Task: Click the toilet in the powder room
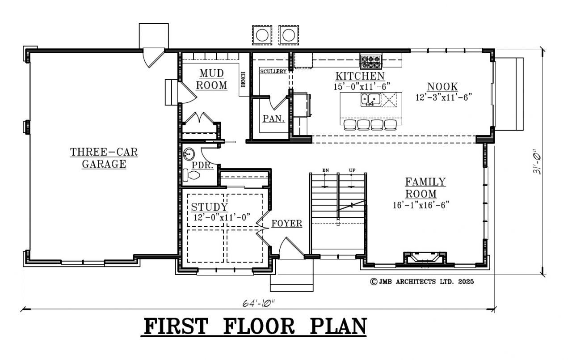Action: (191, 175)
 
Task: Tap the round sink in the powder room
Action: (189, 154)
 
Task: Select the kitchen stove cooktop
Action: (371, 62)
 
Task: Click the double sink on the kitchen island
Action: (370, 100)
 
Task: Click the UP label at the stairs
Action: (352, 170)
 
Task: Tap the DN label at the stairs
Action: (325, 170)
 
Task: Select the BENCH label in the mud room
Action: (244, 79)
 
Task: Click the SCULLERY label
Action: (273, 72)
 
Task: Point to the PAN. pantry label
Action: (274, 119)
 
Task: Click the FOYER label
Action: (287, 224)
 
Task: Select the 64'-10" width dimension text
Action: (258, 303)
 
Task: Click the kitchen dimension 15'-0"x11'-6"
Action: (362, 86)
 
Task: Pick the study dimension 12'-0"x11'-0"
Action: (222, 217)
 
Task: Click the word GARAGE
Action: (104, 164)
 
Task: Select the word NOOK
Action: (442, 87)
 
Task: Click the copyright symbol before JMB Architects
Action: (374, 282)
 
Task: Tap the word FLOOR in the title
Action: (259, 326)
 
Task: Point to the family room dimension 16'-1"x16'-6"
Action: (421, 205)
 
